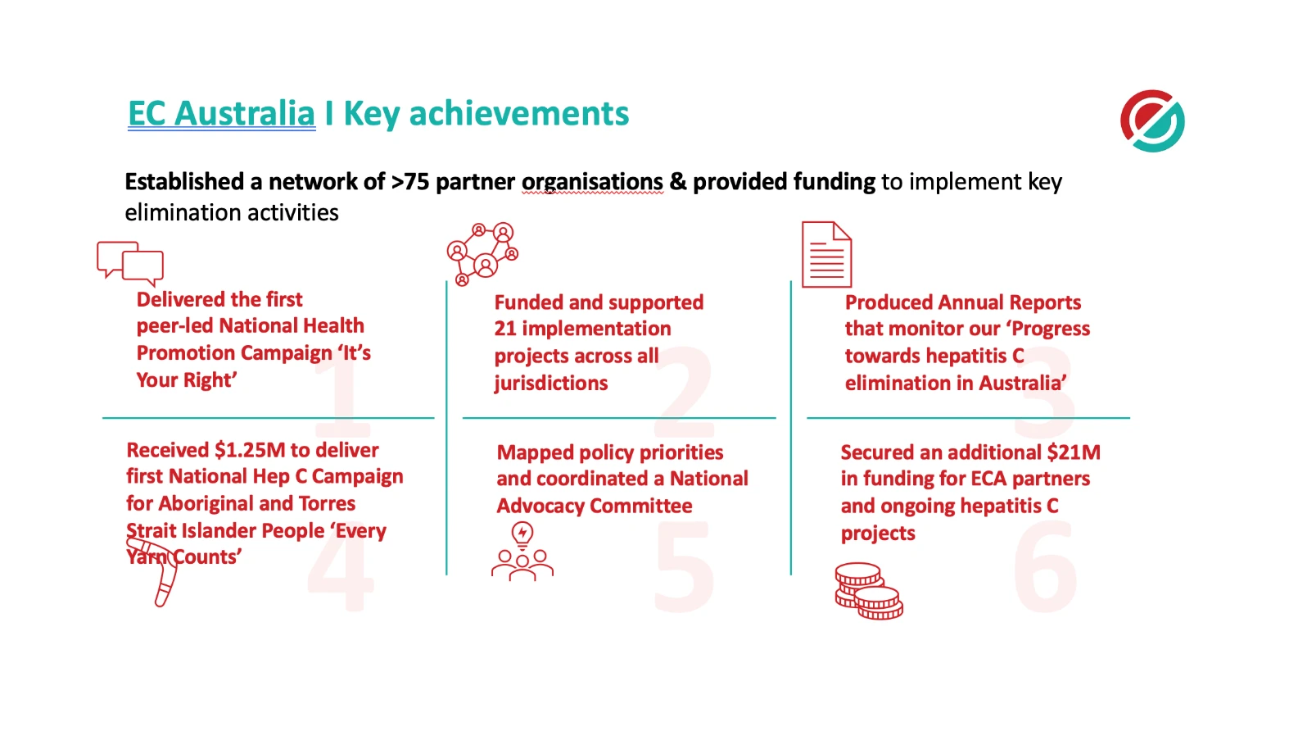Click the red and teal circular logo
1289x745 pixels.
click(x=1152, y=120)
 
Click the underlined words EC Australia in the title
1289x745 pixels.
click(x=221, y=114)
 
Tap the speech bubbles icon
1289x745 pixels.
click(x=130, y=262)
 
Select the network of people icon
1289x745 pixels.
click(x=482, y=252)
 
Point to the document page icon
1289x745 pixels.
click(x=826, y=255)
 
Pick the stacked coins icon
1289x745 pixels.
click(x=868, y=591)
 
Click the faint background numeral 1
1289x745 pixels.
click(x=344, y=393)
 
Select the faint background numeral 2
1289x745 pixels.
click(x=685, y=393)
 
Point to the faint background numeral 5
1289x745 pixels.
click(x=685, y=567)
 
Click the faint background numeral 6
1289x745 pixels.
click(x=1045, y=567)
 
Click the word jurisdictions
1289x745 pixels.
click(x=551, y=383)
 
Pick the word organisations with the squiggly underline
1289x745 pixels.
click(x=592, y=182)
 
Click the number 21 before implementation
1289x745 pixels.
click(x=505, y=329)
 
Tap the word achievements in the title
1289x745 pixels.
click(x=519, y=114)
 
